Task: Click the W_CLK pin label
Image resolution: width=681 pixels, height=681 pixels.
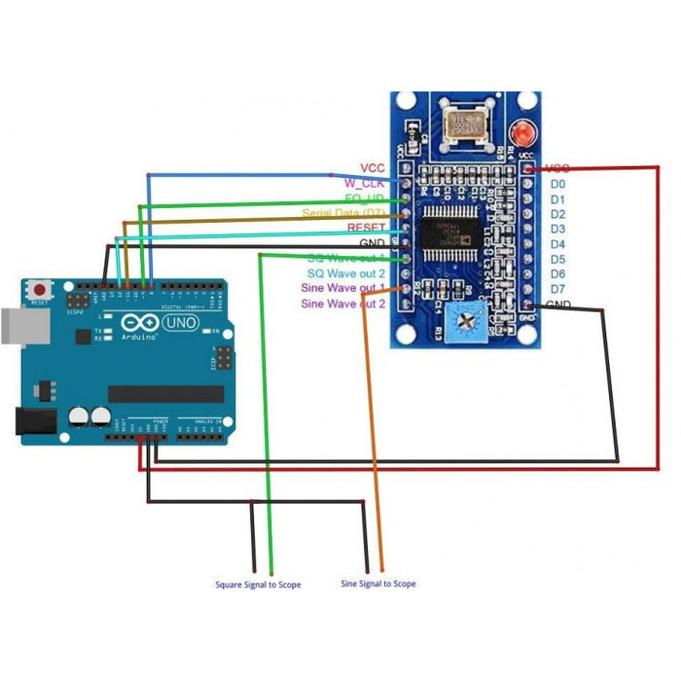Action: pyautogui.click(x=365, y=183)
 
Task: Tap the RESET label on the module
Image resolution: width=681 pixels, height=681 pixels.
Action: pyautogui.click(x=366, y=228)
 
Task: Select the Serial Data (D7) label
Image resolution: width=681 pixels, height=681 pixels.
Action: pyautogui.click(x=343, y=213)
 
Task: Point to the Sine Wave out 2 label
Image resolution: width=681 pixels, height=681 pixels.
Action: pyautogui.click(x=343, y=304)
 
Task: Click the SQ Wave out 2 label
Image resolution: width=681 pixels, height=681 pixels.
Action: pyautogui.click(x=346, y=273)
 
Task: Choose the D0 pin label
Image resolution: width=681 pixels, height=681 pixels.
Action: pyautogui.click(x=557, y=183)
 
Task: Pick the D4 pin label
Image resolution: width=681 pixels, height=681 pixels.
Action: pyautogui.click(x=557, y=243)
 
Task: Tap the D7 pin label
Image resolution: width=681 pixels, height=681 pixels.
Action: pyautogui.click(x=557, y=289)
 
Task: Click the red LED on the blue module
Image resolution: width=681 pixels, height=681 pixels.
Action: pyautogui.click(x=524, y=131)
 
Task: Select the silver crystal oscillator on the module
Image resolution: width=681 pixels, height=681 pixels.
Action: pyautogui.click(x=463, y=125)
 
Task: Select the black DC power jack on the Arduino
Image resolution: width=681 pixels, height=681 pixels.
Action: pyautogui.click(x=32, y=420)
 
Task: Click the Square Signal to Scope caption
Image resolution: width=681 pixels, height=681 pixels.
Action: pyautogui.click(x=258, y=585)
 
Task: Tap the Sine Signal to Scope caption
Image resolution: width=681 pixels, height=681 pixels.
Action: pyautogui.click(x=378, y=584)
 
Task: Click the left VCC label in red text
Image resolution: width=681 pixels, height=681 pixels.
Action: pyautogui.click(x=373, y=167)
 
